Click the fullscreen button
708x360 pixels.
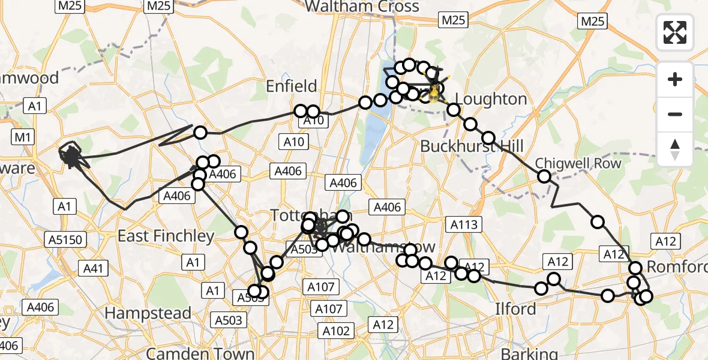(675, 32)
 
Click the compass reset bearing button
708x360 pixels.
(675, 148)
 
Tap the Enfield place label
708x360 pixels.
(291, 86)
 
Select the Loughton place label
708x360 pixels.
(491, 99)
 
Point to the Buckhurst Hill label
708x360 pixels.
(472, 146)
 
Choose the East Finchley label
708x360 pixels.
(166, 236)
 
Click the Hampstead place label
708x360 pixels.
(148, 313)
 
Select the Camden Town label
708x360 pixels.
(200, 352)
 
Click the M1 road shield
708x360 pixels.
(23, 137)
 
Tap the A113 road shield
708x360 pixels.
(464, 224)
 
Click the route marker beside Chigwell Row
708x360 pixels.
(544, 176)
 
